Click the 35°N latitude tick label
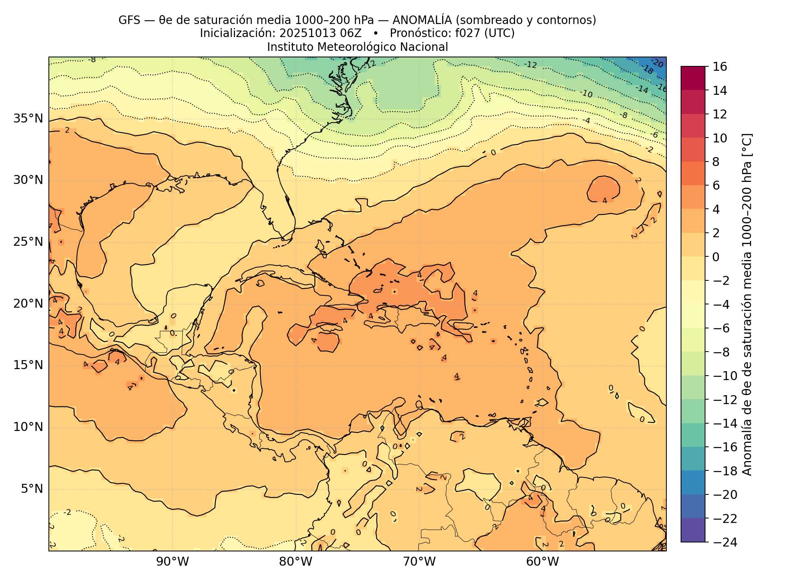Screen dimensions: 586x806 pos(28,119)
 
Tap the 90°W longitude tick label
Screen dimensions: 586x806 pos(173,562)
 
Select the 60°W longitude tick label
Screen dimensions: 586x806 pos(542,562)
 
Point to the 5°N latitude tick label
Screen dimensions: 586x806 pos(31,489)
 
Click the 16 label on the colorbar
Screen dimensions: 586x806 pos(720,67)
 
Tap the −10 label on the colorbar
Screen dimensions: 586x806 pos(725,376)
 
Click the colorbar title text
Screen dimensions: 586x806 pos(747,304)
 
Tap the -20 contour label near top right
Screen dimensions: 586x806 pos(657,63)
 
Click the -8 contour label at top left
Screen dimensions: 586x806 pos(92,60)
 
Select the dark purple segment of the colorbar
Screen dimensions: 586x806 pos(693,530)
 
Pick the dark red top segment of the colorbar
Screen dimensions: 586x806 pos(693,78)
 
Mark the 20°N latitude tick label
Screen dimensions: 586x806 pos(28,304)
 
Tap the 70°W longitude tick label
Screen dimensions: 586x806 pos(419,562)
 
